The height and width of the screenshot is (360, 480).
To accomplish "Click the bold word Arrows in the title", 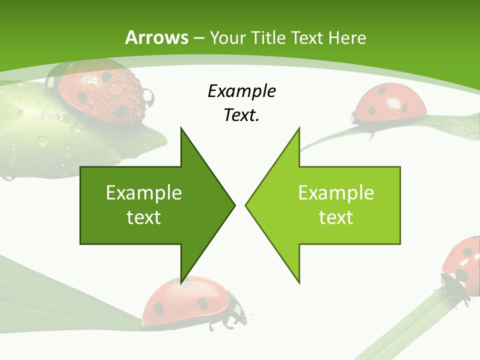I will pyautogui.click(x=156, y=37).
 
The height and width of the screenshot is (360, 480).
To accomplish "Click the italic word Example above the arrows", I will pyautogui.click(x=241, y=91).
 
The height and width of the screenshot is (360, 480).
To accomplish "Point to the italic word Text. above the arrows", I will pyautogui.click(x=241, y=115).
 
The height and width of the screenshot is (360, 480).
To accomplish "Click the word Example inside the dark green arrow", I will pyautogui.click(x=144, y=193).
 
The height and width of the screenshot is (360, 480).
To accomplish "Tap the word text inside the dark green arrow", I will pyautogui.click(x=144, y=217).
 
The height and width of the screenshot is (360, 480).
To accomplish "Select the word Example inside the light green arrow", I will pyautogui.click(x=336, y=193).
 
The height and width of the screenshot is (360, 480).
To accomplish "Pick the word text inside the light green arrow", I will pyautogui.click(x=336, y=217).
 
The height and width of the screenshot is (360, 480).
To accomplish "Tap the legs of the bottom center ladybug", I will pyautogui.click(x=225, y=322).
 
